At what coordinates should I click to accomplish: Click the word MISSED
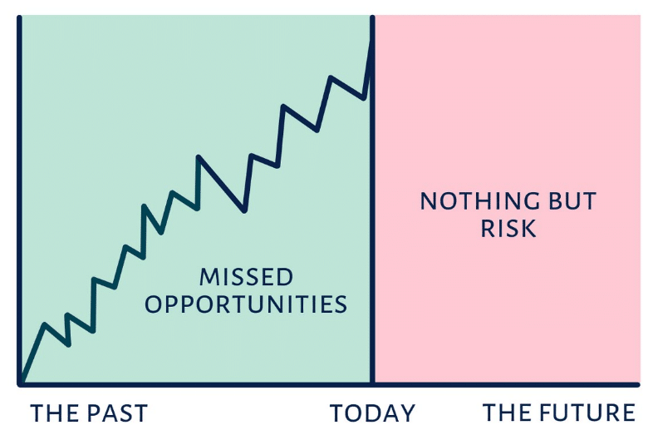[x=246, y=277]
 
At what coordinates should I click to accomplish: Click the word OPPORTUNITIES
[x=246, y=304]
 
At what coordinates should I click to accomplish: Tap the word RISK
[x=508, y=228]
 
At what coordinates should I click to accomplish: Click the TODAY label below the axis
[x=372, y=413]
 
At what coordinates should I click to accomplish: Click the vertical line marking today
[x=372, y=200]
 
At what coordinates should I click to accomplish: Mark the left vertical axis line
[x=19, y=200]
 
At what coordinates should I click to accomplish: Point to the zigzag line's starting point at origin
[x=22, y=382]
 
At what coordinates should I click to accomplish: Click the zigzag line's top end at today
[x=371, y=42]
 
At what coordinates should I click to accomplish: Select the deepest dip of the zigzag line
[x=244, y=211]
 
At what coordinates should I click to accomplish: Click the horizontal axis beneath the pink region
[x=507, y=385]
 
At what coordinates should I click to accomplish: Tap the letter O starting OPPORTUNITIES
[x=152, y=304]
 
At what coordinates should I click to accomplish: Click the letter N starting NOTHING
[x=429, y=201]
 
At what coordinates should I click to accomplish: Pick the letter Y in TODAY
[x=407, y=413]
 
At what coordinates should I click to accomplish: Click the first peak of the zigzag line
[x=45, y=324]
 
